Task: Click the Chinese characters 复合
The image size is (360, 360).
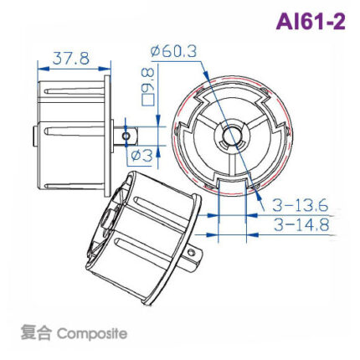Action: tap(36, 333)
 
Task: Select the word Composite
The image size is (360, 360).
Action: tap(93, 333)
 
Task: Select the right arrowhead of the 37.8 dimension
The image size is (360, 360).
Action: tap(105, 67)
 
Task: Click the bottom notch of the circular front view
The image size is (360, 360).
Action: tap(229, 179)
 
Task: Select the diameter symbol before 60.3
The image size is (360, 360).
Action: tap(157, 52)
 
